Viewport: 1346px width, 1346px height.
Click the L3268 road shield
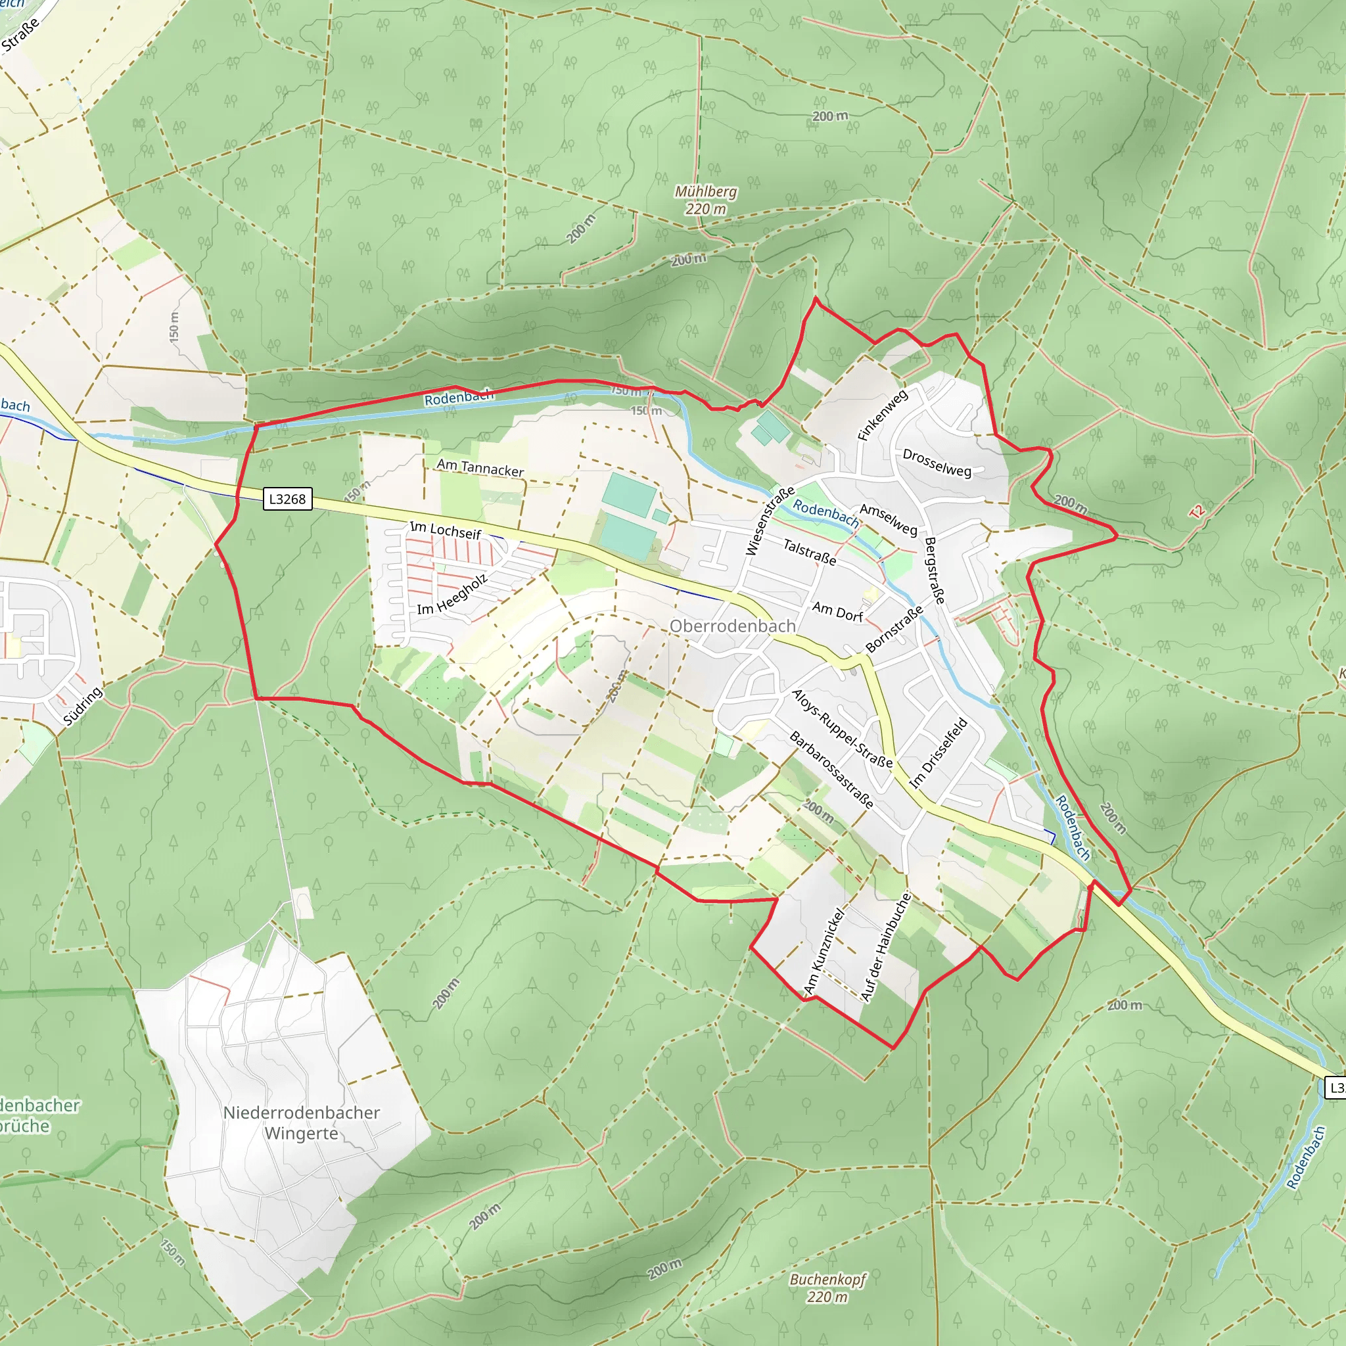click(287, 499)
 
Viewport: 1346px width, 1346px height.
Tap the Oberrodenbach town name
click(732, 626)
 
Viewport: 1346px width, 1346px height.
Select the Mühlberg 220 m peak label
click(706, 200)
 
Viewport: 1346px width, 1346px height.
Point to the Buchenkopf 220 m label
click(827, 1288)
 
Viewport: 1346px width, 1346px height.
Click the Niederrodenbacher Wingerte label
click(302, 1123)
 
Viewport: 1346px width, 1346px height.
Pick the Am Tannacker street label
click(480, 467)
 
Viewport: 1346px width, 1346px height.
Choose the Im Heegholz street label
click(452, 594)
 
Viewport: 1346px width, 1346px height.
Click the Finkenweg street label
click(883, 415)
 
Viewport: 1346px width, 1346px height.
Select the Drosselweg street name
click(937, 463)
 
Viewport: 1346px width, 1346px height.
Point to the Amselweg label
click(889, 520)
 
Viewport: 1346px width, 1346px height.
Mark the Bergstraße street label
click(935, 570)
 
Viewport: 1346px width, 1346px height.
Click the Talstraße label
click(810, 552)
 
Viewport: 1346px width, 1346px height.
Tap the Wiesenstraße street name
click(770, 521)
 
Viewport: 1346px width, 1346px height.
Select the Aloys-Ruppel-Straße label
click(843, 729)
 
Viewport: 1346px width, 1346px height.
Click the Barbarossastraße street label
click(831, 770)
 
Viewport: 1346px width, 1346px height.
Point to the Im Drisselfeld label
click(939, 753)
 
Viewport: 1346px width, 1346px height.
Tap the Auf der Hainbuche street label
click(885, 948)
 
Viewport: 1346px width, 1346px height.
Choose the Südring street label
click(83, 706)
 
